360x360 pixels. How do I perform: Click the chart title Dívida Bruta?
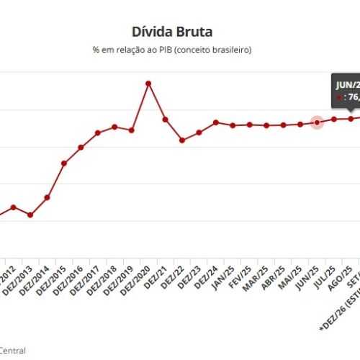coord(172,32)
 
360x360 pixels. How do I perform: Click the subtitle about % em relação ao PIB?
coord(172,49)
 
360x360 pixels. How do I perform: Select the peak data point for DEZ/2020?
coord(148,84)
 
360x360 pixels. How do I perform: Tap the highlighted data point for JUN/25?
coord(317,122)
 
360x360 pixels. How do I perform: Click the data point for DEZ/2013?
coord(30,215)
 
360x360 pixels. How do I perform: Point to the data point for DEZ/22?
coord(182,140)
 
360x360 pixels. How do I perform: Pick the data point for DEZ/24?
coord(216,122)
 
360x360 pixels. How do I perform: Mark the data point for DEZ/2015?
coord(64,163)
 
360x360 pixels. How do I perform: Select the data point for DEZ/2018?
coord(114,127)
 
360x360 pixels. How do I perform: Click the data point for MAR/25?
coord(266,125)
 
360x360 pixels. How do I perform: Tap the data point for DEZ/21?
coord(165,119)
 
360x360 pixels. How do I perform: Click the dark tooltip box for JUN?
coord(346,91)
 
